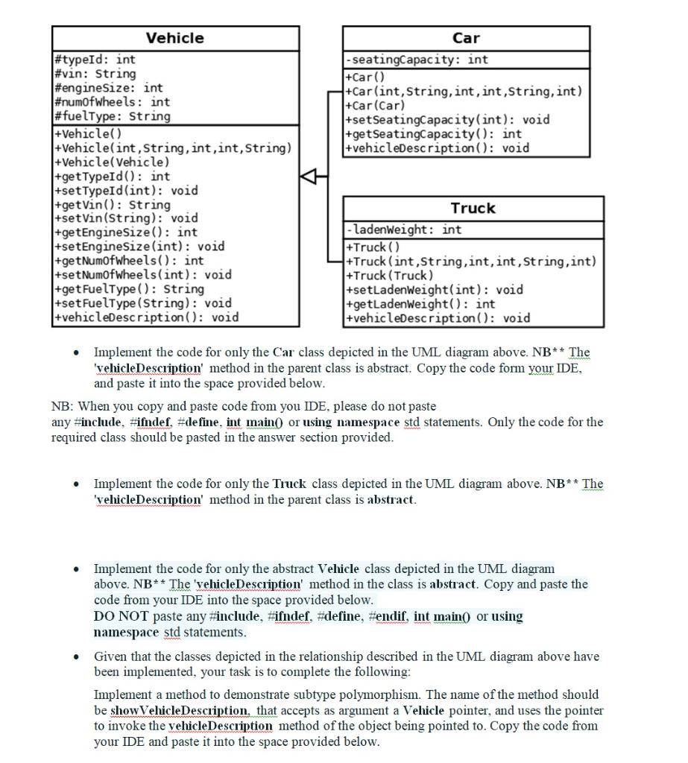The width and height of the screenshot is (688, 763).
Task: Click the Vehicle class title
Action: (174, 38)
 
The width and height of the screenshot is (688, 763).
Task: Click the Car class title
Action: (466, 38)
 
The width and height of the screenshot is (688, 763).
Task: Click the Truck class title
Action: (473, 208)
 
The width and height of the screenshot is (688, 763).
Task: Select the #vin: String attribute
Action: (95, 74)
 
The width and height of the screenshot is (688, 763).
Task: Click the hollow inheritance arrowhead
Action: (308, 177)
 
